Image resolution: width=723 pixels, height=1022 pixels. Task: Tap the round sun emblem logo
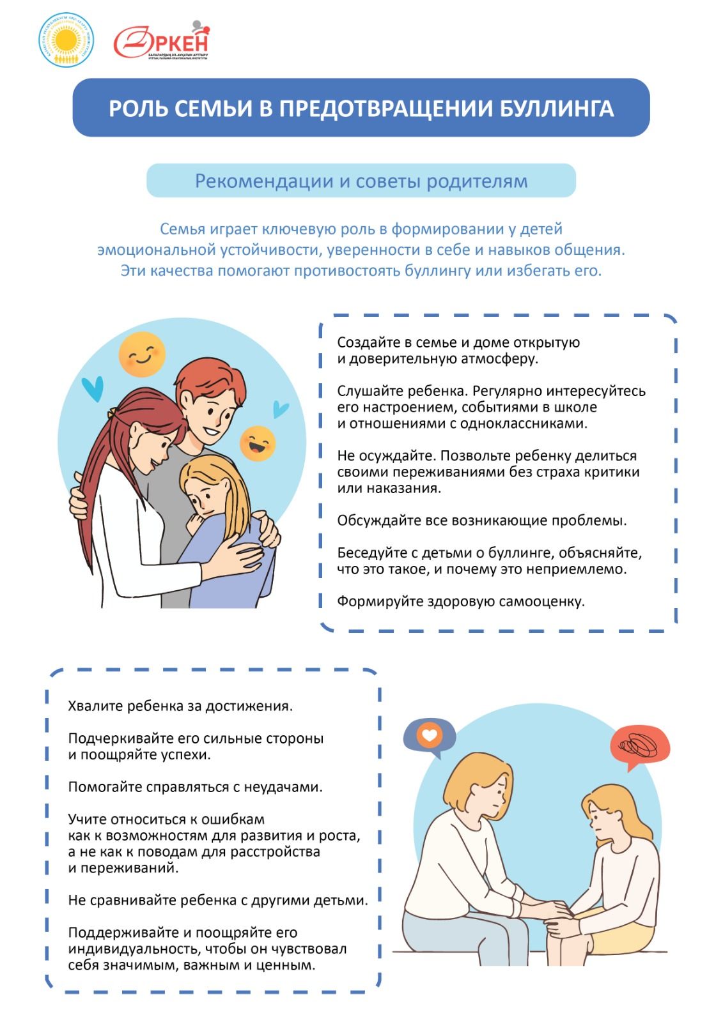coord(66,41)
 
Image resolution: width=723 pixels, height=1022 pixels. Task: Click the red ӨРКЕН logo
coord(161,42)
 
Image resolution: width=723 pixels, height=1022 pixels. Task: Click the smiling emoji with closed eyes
coord(142,354)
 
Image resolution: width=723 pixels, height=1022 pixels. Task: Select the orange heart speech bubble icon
coord(429,736)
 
